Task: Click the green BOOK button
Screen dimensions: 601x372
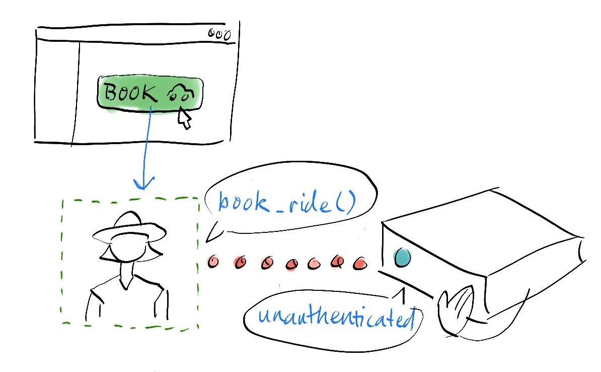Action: (150, 94)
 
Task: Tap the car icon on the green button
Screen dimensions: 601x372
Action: (181, 93)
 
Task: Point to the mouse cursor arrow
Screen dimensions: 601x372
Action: (184, 117)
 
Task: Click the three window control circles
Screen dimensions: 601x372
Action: (219, 34)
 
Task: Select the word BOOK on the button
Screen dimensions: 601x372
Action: (130, 93)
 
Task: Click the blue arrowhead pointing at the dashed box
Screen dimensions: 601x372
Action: (143, 183)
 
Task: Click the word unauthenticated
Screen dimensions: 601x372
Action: (337, 317)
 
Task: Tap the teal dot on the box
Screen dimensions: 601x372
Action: (402, 257)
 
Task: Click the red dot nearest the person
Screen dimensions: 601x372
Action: (213, 262)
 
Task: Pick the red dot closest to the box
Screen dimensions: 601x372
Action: (360, 263)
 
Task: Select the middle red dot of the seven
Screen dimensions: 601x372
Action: (292, 264)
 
